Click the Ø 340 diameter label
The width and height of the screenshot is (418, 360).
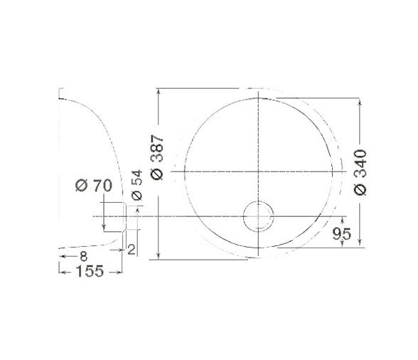point(360,171)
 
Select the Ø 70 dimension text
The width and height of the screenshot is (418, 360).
point(93,186)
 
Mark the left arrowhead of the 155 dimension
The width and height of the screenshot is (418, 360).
point(60,271)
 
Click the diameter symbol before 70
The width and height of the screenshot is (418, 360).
point(81,186)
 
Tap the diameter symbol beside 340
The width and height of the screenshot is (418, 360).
point(360,189)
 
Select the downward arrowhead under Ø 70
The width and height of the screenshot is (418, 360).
point(104,228)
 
